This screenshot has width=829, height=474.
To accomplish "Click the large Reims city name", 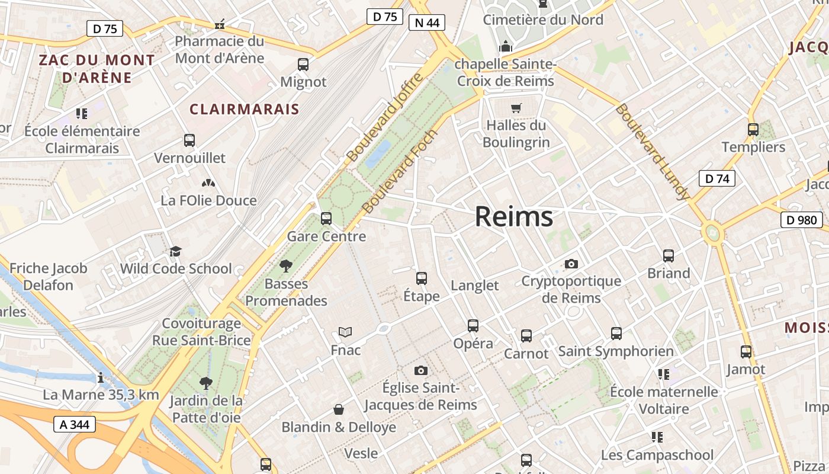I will point(514,217).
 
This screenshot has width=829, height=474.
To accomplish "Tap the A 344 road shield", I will point(75,424).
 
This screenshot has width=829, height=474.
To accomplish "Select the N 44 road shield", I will point(426,23).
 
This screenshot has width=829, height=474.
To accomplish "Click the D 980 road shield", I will point(802,220).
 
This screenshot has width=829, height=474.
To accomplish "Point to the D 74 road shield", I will point(717,178).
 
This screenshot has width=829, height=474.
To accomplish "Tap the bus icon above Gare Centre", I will point(326,218).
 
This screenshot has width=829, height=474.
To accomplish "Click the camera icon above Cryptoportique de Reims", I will point(571,264).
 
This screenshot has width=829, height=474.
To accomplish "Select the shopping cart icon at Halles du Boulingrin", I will point(516,108).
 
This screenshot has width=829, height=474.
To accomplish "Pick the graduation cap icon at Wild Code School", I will point(175,251).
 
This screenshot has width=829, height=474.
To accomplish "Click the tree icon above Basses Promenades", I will point(286,266).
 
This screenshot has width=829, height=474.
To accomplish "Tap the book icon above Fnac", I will point(345,332).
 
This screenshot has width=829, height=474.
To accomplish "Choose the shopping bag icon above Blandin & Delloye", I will point(339,409).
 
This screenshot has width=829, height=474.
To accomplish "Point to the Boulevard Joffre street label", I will point(385,117).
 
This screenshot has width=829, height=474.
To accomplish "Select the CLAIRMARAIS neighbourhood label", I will point(245,109).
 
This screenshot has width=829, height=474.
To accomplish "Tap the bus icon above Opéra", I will point(473,325).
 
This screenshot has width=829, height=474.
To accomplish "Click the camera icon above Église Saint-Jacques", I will point(420,370).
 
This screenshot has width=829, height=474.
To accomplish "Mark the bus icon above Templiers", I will point(753,129).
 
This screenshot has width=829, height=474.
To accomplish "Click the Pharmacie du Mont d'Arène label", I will point(220,50).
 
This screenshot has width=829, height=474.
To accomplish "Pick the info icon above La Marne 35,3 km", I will point(101,377).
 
